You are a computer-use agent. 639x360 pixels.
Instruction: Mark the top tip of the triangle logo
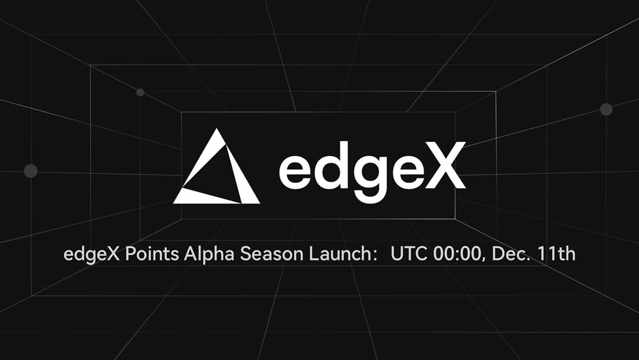click(217, 130)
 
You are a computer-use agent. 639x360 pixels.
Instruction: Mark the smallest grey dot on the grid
click(140, 93)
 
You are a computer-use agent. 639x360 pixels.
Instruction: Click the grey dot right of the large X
click(606, 109)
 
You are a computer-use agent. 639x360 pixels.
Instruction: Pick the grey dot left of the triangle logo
click(30, 171)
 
